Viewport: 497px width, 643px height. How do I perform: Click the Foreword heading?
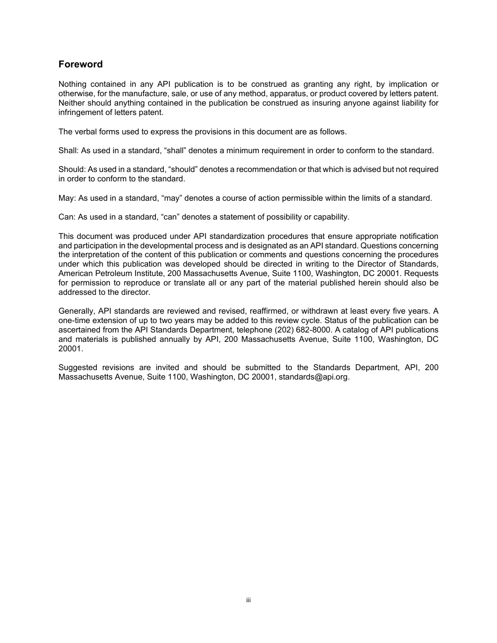(x=81, y=64)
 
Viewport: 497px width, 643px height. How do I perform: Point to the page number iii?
(x=249, y=600)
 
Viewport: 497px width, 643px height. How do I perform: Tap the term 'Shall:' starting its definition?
(x=69, y=151)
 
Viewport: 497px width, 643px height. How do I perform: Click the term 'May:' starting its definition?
(x=67, y=198)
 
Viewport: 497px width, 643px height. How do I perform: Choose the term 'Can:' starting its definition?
(x=67, y=217)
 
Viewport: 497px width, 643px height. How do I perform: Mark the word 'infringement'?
(x=80, y=112)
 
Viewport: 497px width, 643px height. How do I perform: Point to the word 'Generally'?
(x=76, y=312)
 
